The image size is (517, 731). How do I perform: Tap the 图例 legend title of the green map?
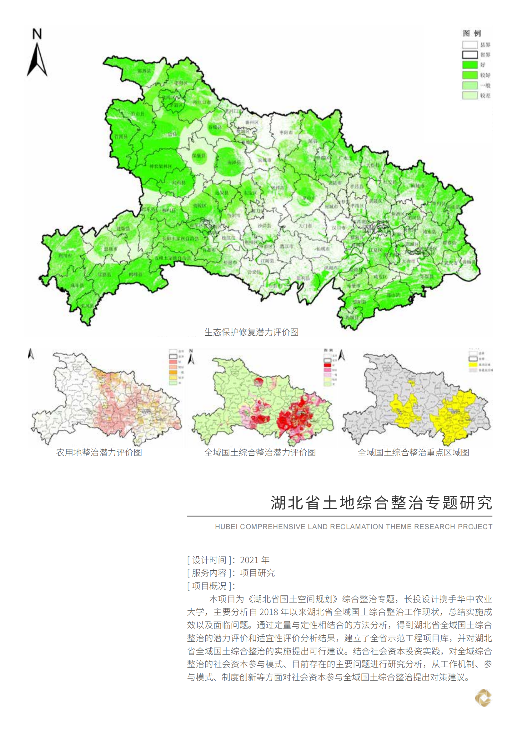(x=472, y=33)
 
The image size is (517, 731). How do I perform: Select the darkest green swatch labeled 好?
(x=470, y=65)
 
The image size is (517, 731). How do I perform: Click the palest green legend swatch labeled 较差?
(x=470, y=95)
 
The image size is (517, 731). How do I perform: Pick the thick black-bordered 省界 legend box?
(x=470, y=55)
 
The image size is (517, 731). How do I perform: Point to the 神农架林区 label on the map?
(x=161, y=166)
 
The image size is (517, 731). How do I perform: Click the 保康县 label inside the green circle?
(x=199, y=156)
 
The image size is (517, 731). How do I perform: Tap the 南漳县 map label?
(x=234, y=163)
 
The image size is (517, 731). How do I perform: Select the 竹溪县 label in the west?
(x=121, y=136)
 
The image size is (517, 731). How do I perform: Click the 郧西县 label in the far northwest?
(x=144, y=71)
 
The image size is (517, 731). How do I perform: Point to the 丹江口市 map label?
(x=202, y=102)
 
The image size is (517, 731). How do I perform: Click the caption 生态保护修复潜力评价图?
(x=251, y=332)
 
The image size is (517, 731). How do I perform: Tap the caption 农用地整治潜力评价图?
(x=99, y=453)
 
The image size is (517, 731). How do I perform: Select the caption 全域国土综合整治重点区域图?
(x=413, y=453)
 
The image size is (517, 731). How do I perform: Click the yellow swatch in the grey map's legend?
(x=473, y=364)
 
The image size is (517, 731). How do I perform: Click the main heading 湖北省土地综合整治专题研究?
(x=381, y=503)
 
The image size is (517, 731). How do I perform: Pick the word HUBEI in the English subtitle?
(x=226, y=527)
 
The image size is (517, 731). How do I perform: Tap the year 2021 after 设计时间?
(x=249, y=560)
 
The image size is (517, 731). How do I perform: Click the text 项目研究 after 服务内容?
(x=257, y=573)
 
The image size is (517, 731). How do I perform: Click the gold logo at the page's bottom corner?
(x=483, y=698)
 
